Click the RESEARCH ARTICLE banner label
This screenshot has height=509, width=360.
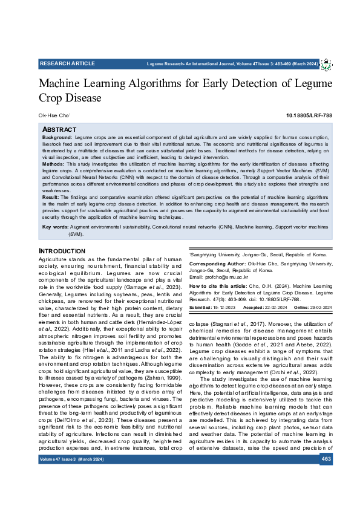pyautogui.click(x=67, y=63)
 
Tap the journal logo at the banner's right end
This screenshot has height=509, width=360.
pyautogui.click(x=326, y=64)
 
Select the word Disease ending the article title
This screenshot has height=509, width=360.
pyautogui.click(x=82, y=98)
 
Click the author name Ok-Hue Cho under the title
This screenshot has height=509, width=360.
pyautogui.click(x=54, y=115)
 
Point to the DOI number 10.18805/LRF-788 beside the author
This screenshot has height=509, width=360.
pyautogui.click(x=309, y=115)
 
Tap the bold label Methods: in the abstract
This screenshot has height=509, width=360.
pyautogui.click(x=53, y=164)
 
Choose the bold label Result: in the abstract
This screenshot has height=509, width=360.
pyautogui.click(x=51, y=197)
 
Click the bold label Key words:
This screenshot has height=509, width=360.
pyautogui.click(x=54, y=227)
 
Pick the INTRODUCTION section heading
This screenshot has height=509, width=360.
pyautogui.click(x=62, y=251)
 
